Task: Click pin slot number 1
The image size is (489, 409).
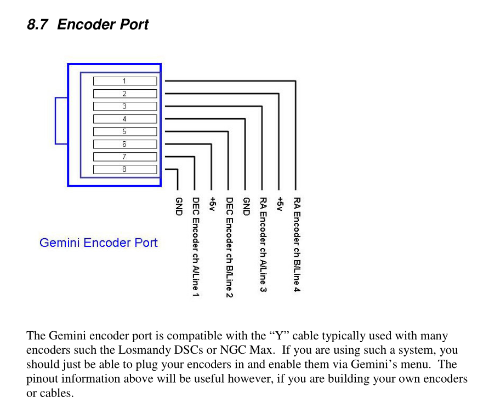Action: point(124,81)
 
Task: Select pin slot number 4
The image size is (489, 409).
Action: point(124,119)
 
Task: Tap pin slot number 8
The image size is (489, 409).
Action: point(124,169)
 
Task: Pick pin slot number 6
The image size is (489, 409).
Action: point(124,144)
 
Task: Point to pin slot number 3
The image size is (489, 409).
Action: point(124,106)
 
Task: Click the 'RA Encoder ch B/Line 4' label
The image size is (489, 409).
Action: point(296,244)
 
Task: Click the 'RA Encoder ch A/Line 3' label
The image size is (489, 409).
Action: point(263,244)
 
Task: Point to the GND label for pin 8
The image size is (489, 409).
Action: point(178,206)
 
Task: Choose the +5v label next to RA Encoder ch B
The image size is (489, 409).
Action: point(280,204)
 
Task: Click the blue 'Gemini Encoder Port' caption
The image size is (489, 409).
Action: point(99,243)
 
